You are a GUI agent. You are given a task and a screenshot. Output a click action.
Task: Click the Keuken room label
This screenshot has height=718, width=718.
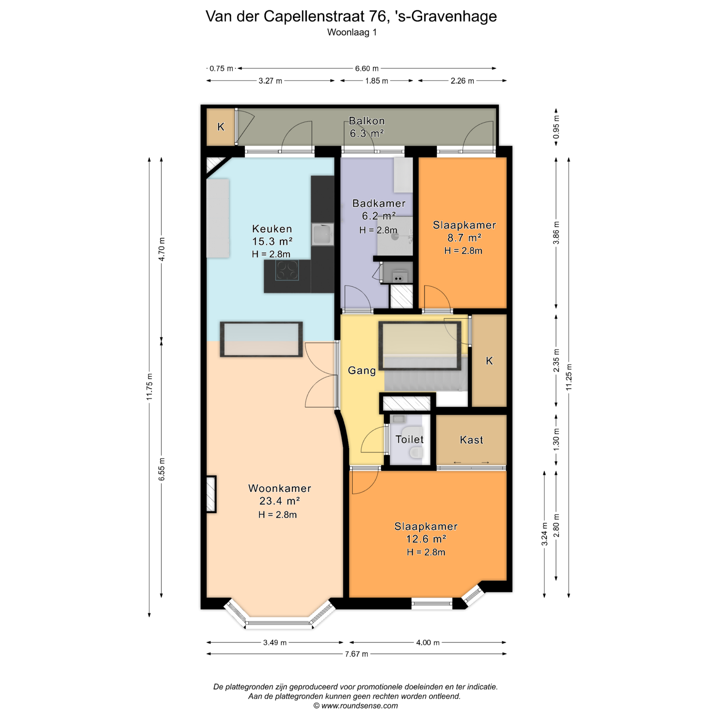[x=272, y=228]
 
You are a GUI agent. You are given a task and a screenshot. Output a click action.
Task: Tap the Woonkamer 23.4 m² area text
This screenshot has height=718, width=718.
[x=280, y=501]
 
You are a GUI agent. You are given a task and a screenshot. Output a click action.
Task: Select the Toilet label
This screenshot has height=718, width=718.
[x=409, y=439]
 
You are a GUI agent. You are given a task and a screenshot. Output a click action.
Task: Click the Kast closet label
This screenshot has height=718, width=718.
[x=471, y=440]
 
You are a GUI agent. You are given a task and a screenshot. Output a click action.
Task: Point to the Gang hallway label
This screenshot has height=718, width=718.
[x=362, y=371]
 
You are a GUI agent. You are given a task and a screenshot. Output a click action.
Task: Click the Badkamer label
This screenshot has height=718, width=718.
[x=379, y=203]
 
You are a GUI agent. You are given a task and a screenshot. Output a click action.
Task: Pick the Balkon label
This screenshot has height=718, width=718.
[x=366, y=121]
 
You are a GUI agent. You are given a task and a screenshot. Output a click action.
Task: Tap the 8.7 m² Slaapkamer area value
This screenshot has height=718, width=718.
[x=464, y=237]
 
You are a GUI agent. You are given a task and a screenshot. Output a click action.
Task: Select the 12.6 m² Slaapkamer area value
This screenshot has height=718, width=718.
[x=426, y=539]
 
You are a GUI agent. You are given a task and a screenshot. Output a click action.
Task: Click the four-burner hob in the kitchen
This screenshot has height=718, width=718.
[x=287, y=270]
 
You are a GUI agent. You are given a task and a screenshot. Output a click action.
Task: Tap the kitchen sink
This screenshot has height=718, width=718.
[x=322, y=234]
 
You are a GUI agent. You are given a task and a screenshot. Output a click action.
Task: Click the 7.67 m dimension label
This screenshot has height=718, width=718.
[x=356, y=654]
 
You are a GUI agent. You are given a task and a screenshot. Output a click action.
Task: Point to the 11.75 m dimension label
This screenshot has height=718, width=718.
[x=149, y=387]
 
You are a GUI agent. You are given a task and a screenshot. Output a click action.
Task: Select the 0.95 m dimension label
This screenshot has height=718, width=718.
[x=556, y=127]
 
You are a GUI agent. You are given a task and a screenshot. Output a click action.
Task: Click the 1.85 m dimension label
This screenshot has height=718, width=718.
[x=377, y=81]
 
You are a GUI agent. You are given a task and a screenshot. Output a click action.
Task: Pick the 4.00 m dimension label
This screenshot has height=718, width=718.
[x=428, y=642]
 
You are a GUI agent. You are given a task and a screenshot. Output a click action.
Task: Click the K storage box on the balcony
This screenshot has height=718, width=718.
[x=221, y=127]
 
